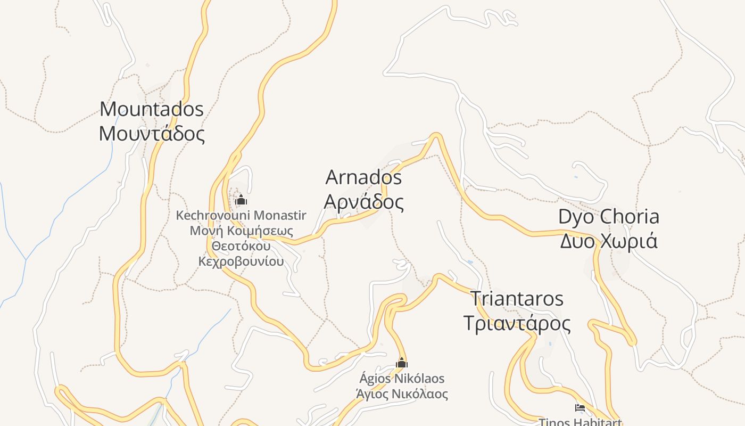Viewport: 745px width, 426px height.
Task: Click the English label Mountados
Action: pos(152,109)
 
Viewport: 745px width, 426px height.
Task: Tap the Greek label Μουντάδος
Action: pos(152,133)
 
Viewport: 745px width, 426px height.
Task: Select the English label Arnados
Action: pos(363,177)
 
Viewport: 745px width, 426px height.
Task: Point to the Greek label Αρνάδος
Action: pos(363,202)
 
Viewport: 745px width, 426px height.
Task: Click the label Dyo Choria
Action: pos(609,217)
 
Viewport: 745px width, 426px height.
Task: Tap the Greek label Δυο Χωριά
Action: pos(609,241)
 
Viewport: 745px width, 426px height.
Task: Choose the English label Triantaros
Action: pos(517,299)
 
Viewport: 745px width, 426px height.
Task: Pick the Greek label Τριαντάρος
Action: pos(517,323)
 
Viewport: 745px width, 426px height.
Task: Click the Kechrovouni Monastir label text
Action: pos(241,216)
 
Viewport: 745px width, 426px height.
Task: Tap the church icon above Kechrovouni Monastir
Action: pos(241,200)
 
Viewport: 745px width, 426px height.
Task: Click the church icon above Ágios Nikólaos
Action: pos(402,363)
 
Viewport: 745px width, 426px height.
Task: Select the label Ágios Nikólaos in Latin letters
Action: pos(402,379)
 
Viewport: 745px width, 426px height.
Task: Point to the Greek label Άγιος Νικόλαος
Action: pos(402,394)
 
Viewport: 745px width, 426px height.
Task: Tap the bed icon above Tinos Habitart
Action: pos(580,408)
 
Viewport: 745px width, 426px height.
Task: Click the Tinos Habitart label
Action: pos(580,422)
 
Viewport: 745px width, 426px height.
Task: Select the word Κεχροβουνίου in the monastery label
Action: pos(241,261)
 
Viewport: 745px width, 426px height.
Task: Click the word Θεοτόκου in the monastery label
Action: pos(241,246)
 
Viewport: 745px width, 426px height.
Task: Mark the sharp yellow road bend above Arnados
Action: pos(436,135)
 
